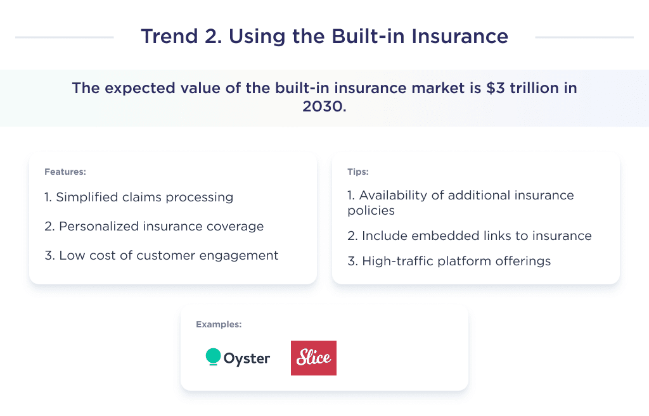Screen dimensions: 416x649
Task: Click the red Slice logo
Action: (313, 358)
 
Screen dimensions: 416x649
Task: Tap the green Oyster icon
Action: (213, 357)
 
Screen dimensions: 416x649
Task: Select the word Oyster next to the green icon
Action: (247, 358)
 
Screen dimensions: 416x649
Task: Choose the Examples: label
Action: (219, 324)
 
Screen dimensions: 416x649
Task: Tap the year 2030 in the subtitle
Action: (324, 106)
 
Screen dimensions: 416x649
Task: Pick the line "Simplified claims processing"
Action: (139, 197)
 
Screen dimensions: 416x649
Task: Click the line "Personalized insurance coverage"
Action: (154, 226)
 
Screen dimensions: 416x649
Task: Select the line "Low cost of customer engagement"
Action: (161, 255)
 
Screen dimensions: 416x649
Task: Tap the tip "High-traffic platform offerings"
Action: (449, 261)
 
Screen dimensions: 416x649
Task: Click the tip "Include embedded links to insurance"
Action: (470, 236)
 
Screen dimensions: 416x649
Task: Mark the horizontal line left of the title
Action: (64, 37)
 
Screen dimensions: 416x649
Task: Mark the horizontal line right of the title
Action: (584, 37)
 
